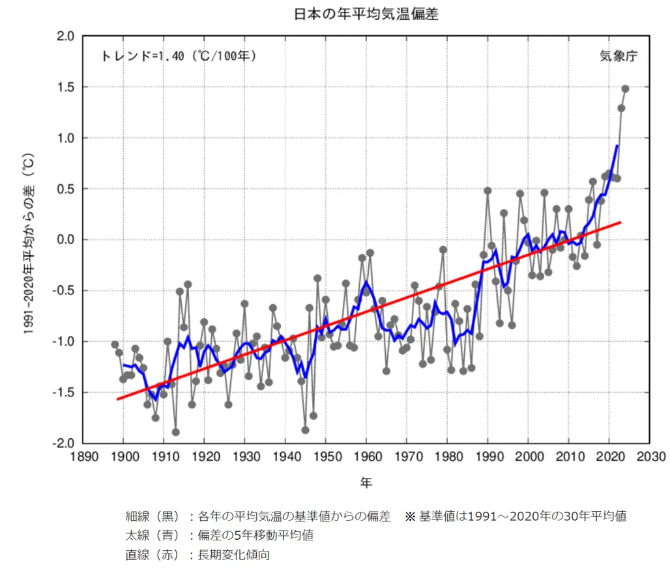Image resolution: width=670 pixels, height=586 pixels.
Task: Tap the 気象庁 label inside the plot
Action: (618, 56)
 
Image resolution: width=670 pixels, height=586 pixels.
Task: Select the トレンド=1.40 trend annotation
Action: (179, 56)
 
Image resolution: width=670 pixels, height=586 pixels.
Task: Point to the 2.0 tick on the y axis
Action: (65, 36)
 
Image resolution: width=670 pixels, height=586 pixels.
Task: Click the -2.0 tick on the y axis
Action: (63, 443)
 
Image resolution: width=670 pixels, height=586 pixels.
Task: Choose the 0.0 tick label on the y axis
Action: (65, 240)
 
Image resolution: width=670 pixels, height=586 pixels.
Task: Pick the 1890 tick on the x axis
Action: (82, 456)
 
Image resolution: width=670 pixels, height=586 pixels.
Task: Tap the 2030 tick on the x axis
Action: (650, 456)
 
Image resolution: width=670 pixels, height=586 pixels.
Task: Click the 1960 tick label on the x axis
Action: (366, 456)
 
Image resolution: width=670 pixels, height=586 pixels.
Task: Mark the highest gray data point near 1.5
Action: (625, 89)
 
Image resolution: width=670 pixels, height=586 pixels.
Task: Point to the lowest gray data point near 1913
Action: (175, 432)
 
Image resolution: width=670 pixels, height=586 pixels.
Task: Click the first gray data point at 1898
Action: (115, 344)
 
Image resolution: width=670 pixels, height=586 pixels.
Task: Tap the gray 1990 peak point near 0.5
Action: (488, 191)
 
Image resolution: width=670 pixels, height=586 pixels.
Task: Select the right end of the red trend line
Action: (620, 222)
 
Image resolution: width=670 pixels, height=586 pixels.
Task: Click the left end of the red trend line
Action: (118, 399)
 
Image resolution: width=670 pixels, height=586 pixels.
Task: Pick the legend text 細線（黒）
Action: (153, 517)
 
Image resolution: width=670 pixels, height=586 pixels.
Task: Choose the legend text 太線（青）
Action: (153, 536)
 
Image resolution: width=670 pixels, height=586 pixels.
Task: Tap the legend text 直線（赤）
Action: (153, 555)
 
